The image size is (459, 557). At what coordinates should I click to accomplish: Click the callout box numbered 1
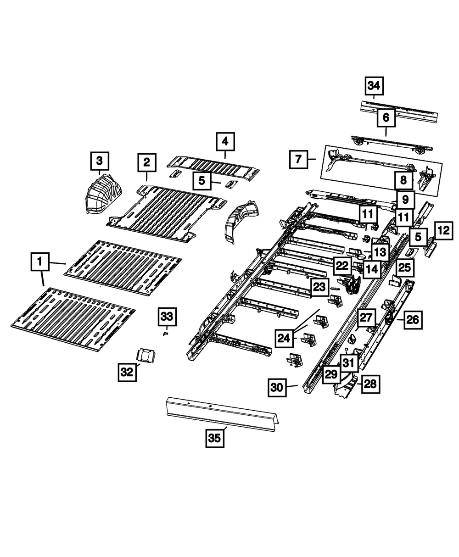tap(40, 262)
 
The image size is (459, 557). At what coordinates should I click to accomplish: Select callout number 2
tap(146, 162)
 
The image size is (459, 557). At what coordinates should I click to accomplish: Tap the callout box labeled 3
tap(99, 161)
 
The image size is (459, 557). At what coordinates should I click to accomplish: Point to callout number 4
tap(225, 142)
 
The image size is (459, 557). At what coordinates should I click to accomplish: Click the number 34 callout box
tap(374, 86)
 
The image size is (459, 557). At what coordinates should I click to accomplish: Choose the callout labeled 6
tap(386, 118)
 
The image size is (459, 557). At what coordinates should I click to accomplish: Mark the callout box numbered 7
tap(298, 160)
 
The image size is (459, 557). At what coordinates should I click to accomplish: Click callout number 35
tap(214, 438)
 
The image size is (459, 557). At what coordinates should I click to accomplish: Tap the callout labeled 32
tap(127, 373)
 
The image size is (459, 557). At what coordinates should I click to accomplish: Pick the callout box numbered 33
tap(168, 316)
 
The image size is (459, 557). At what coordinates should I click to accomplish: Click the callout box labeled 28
tap(370, 384)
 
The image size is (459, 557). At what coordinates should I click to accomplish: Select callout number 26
tap(412, 320)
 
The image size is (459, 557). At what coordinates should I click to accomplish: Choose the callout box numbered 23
tap(320, 287)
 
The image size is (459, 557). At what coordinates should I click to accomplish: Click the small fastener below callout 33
tap(166, 334)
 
